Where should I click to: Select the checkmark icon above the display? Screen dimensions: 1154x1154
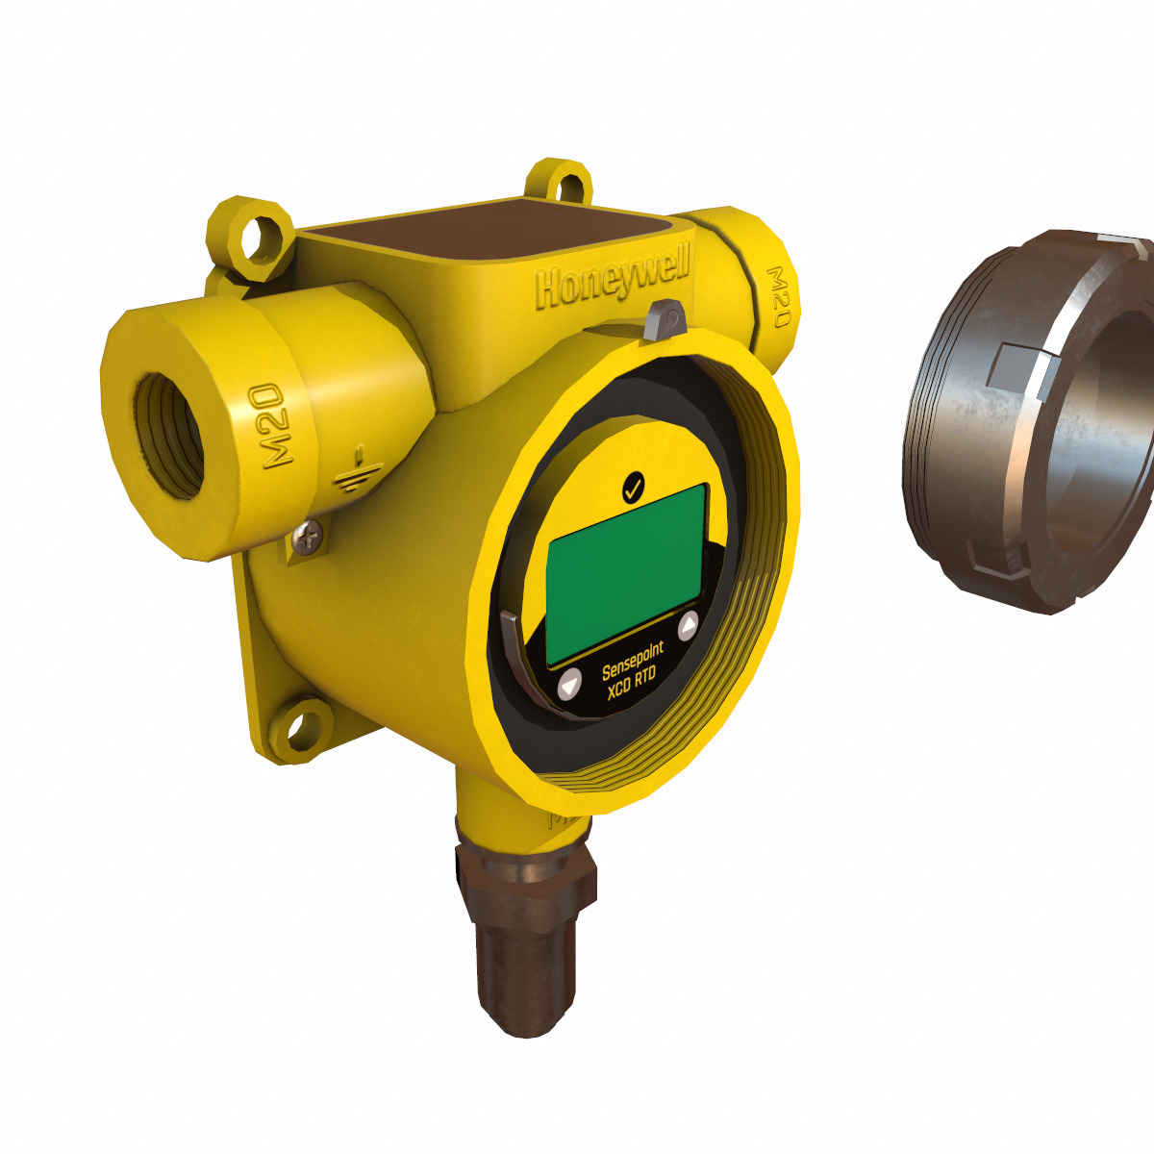(633, 489)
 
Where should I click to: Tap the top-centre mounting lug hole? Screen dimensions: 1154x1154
(559, 184)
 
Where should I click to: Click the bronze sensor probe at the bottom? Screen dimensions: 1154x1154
(524, 971)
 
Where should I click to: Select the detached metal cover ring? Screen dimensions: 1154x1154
(1029, 423)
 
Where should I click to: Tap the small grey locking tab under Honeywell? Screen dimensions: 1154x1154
(664, 319)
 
